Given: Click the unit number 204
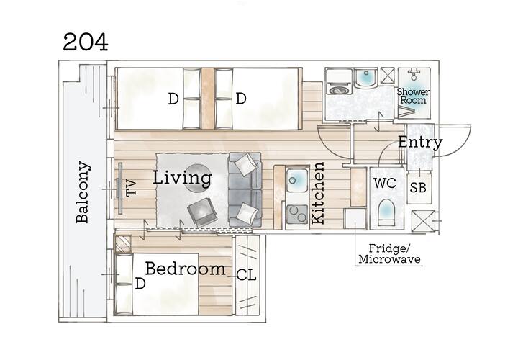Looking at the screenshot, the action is [86, 42].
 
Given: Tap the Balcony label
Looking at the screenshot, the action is [82, 192].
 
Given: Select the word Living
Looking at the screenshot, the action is [182, 178].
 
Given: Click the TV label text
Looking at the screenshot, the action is [131, 187].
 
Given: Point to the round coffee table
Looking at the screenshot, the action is [197, 178].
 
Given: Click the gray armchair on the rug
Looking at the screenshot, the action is [202, 212].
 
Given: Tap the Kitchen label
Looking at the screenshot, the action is [318, 194].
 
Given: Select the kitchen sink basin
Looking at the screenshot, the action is [297, 180].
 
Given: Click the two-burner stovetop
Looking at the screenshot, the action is [297, 215].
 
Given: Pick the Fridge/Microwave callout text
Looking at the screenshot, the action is [389, 253].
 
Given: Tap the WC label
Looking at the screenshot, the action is [385, 182].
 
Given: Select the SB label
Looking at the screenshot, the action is [418, 188].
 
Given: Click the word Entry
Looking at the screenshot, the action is [420, 142].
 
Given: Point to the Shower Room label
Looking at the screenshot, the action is [413, 96].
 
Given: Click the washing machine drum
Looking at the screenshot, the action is [337, 89].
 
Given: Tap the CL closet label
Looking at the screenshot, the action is [247, 275].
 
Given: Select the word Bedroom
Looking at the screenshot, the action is [186, 269].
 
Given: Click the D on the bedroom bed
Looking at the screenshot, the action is [140, 283].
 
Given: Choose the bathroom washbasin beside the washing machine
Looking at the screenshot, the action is [366, 78].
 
